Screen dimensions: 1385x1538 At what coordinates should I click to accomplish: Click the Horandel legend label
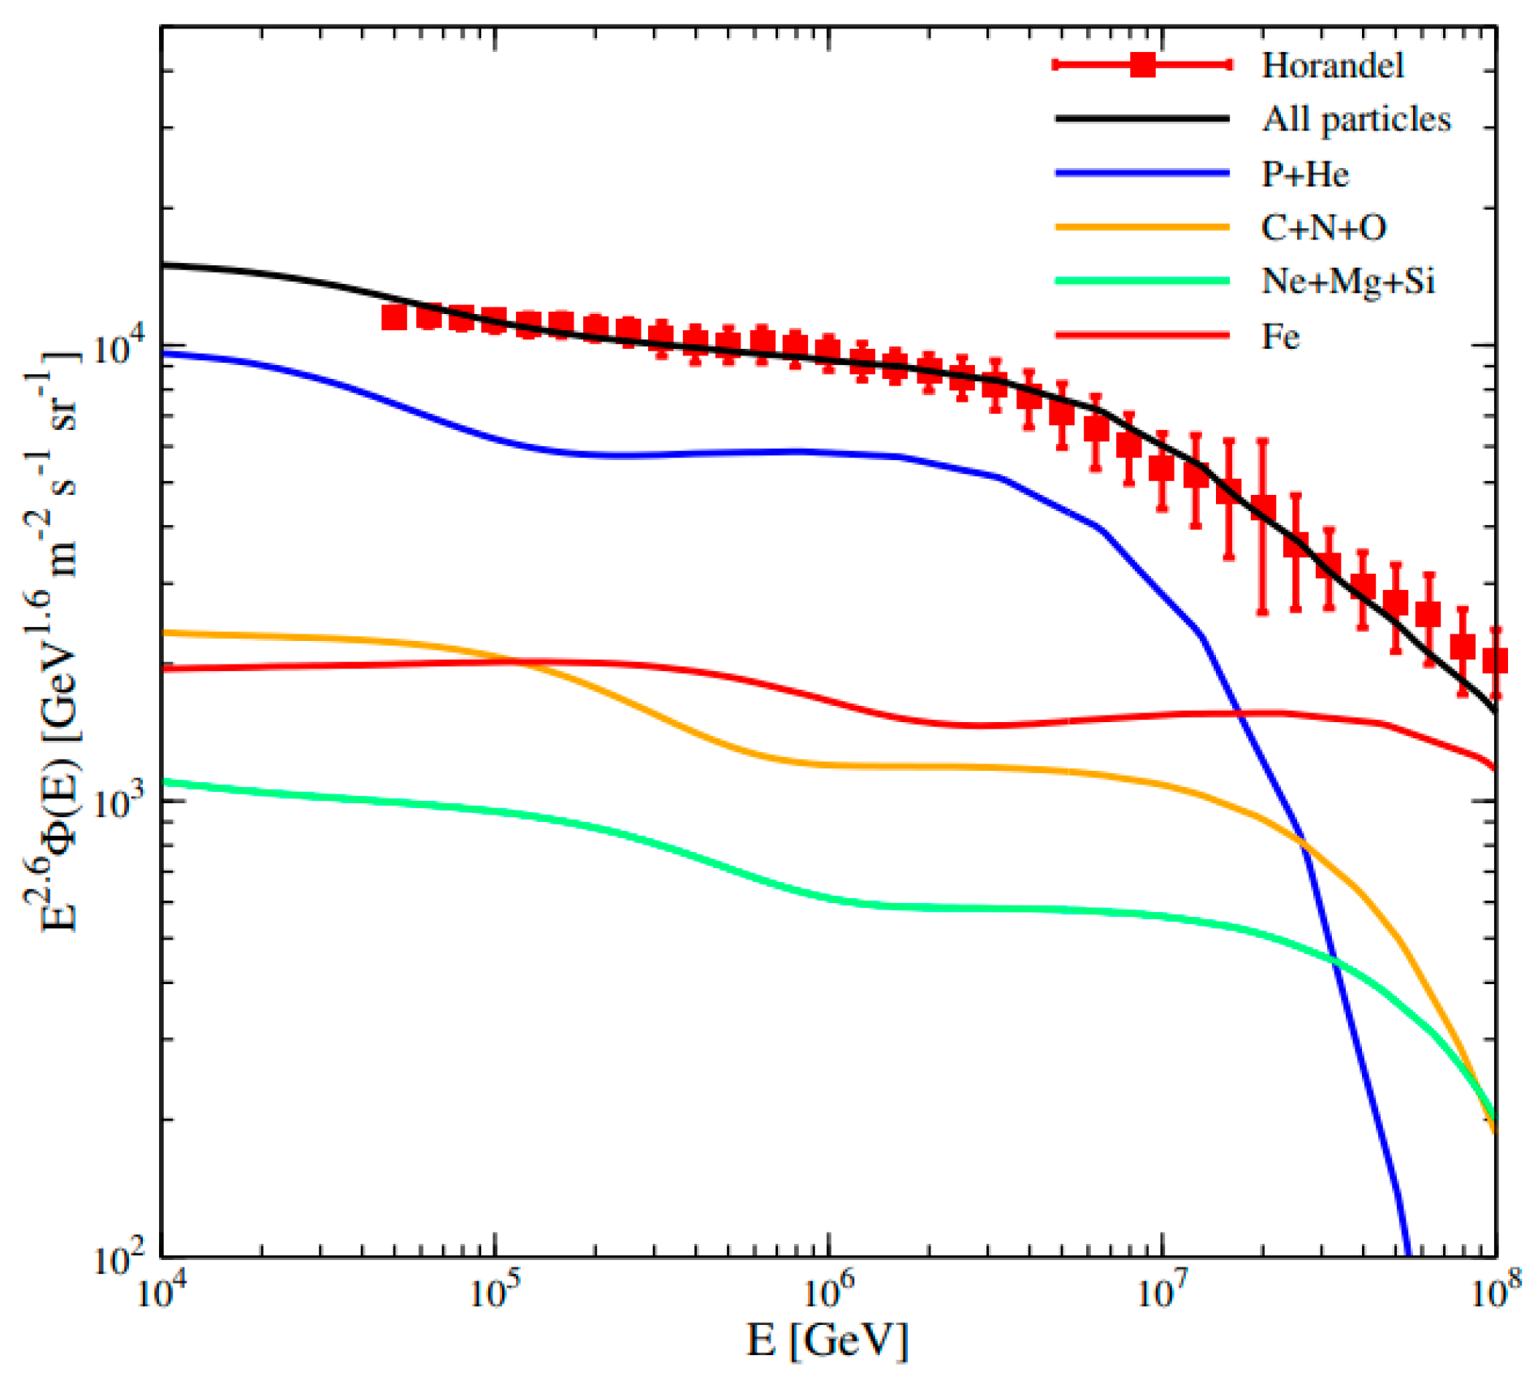(x=1332, y=66)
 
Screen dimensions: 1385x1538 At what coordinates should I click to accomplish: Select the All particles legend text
(x=1355, y=120)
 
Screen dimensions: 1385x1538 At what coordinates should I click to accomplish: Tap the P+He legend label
(x=1304, y=174)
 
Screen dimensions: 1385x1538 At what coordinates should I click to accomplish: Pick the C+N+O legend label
(x=1323, y=228)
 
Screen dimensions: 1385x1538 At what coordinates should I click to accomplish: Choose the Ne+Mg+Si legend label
(x=1347, y=282)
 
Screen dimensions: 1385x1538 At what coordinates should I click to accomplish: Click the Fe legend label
(x=1280, y=336)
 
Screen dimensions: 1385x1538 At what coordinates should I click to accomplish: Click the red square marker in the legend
(x=1143, y=65)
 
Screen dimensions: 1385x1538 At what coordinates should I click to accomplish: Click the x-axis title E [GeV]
(x=827, y=1340)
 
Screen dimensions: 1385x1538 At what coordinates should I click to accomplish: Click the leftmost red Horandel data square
(x=394, y=317)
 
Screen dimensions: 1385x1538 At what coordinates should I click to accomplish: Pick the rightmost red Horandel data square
(x=1495, y=660)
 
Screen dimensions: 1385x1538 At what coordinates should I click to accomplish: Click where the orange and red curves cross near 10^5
(x=519, y=662)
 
